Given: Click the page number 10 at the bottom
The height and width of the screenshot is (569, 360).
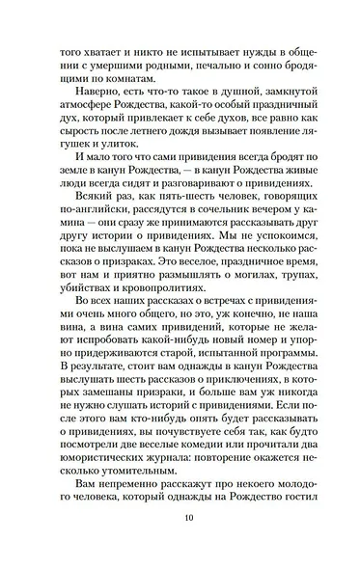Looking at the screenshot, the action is (x=180, y=541).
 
